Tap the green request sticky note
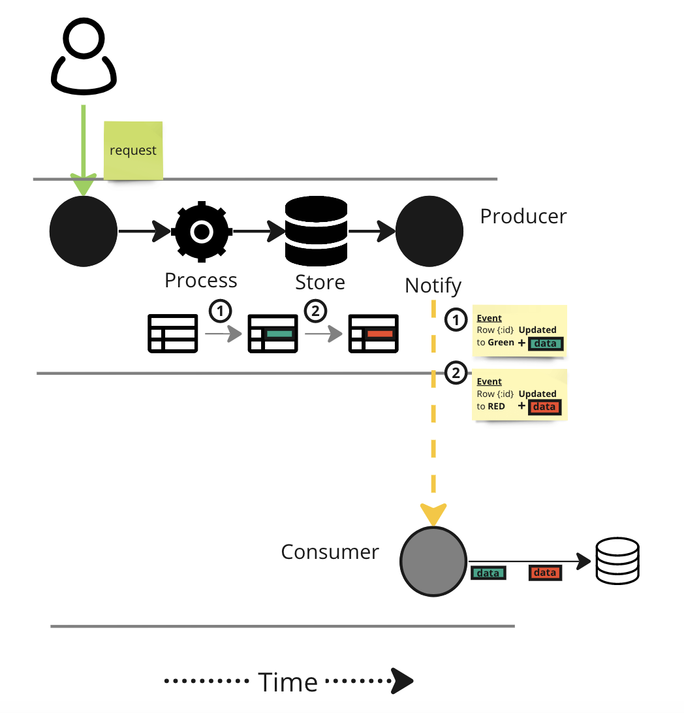(133, 150)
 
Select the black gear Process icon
(201, 231)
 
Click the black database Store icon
(317, 230)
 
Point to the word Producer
(523, 216)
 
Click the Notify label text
(433, 285)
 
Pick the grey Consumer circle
(433, 562)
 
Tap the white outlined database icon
(617, 561)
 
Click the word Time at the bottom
(288, 682)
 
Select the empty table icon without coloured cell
(172, 334)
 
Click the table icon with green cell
(273, 334)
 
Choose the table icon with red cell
(373, 334)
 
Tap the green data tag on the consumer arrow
(488, 573)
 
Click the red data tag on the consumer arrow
(544, 573)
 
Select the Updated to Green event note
(520, 331)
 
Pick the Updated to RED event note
(520, 394)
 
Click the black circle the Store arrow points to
(429, 231)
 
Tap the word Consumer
(330, 552)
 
